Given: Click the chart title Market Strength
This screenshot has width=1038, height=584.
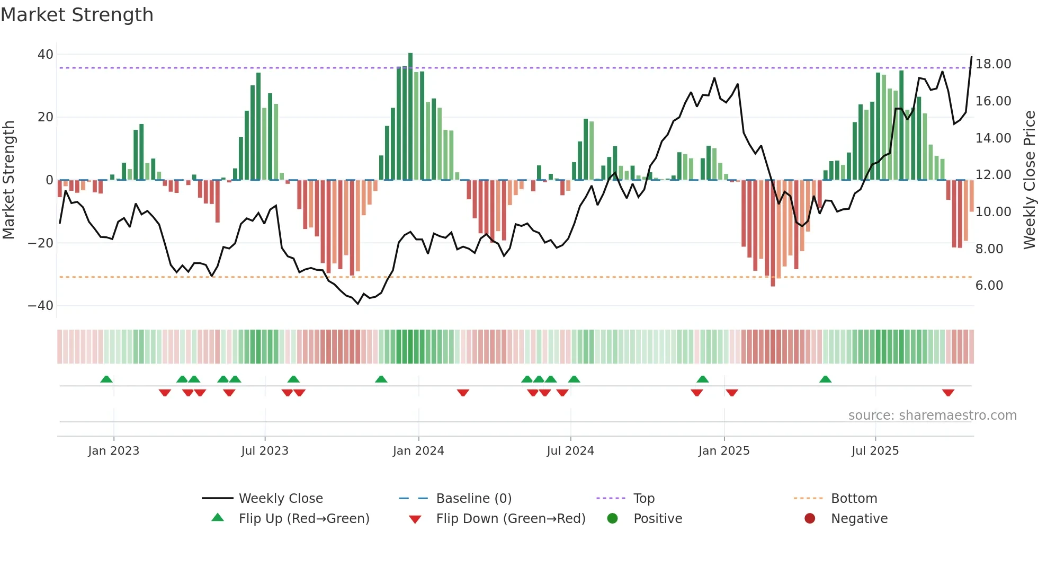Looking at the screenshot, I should [x=77, y=15].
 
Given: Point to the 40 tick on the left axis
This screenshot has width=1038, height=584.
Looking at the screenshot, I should [x=46, y=55].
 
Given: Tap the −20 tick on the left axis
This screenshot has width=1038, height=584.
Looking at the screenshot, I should [x=41, y=243].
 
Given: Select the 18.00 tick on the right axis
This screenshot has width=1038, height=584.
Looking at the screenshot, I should [x=993, y=64].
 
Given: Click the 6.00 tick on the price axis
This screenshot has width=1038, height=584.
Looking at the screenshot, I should [x=989, y=286].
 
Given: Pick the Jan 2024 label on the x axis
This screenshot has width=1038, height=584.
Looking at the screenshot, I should [x=418, y=451].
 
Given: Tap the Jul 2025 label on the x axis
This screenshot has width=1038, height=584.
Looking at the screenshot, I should [x=875, y=451].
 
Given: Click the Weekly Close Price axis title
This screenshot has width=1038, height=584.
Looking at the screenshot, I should [x=1029, y=180].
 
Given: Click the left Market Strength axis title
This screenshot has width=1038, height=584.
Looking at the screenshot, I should [x=9, y=180].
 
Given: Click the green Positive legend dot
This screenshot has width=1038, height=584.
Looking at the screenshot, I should [x=612, y=519].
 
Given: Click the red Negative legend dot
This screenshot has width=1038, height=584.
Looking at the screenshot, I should [x=810, y=519].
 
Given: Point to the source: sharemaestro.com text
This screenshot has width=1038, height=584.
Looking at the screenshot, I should [x=932, y=415].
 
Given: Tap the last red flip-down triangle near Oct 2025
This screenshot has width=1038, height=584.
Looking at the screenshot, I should [x=948, y=393].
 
